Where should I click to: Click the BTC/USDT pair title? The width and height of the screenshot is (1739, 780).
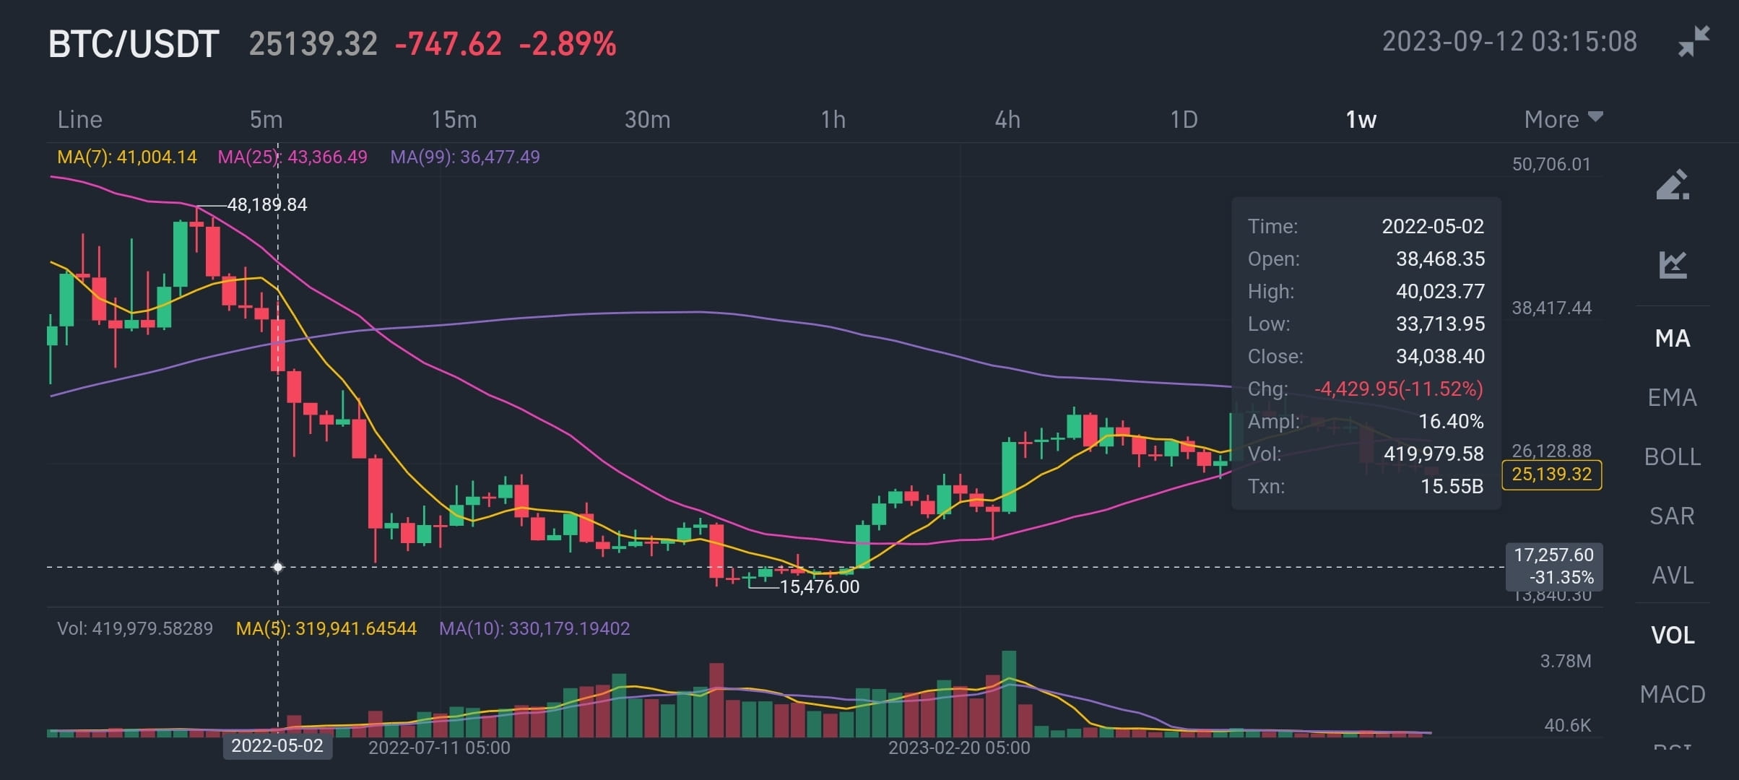point(134,44)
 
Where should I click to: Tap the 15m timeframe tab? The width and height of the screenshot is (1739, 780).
point(454,119)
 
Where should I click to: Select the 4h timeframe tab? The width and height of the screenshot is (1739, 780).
point(1007,119)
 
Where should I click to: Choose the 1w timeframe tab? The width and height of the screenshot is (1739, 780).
point(1361,119)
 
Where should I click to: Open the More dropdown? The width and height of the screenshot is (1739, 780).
point(1563,119)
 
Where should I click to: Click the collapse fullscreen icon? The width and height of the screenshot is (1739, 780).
point(1693,41)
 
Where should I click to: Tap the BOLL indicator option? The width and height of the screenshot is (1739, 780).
point(1672,456)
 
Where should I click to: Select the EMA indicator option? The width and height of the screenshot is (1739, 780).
point(1672,397)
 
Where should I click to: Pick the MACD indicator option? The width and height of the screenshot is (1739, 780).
point(1672,694)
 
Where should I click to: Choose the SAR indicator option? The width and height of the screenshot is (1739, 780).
point(1672,516)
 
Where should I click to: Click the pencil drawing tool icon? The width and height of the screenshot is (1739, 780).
point(1672,185)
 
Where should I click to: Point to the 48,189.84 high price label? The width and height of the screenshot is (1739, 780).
point(267,205)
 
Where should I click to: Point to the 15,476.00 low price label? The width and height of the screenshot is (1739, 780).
point(820,586)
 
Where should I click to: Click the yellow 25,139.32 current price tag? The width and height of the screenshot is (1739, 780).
point(1551,474)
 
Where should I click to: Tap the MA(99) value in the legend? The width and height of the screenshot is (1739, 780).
point(465,157)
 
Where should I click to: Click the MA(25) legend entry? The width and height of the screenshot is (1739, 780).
point(292,157)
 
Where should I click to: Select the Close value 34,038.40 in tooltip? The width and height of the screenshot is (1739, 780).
point(1440,356)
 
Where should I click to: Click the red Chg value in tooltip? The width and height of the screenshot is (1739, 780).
point(1398,389)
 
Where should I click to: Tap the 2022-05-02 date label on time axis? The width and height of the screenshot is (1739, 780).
point(277,745)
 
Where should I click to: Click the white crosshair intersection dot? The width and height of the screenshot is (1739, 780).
point(278,567)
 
